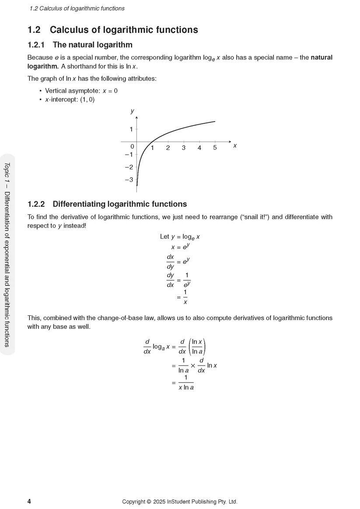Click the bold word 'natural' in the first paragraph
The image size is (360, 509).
click(322, 57)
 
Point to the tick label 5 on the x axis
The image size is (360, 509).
click(215, 148)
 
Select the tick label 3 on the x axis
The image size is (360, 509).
click(183, 148)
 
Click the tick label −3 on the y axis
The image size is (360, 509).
click(129, 180)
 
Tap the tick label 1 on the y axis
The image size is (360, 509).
click(131, 129)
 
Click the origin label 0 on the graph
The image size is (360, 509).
click(132, 147)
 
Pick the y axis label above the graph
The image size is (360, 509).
click(133, 112)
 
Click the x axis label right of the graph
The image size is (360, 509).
click(235, 146)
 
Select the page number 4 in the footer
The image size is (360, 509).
click(29, 502)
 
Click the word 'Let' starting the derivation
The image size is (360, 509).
click(164, 237)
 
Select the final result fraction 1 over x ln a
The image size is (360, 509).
click(186, 382)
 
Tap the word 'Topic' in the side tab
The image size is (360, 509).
click(7, 170)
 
